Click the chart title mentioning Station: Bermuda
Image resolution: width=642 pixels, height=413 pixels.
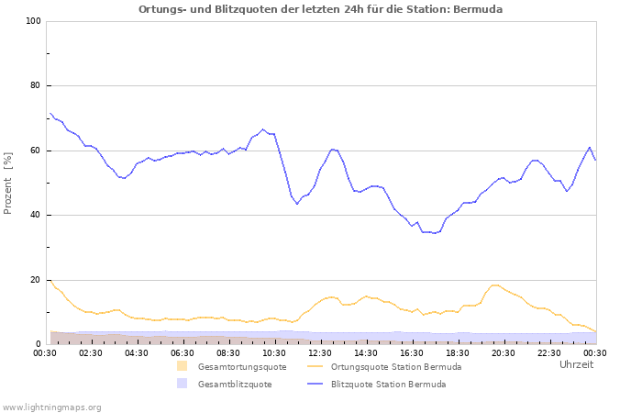(x=320, y=9)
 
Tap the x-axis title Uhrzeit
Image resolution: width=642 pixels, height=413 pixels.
(x=576, y=364)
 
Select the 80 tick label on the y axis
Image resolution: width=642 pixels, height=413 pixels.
(x=35, y=86)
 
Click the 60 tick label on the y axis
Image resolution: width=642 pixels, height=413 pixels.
(x=35, y=151)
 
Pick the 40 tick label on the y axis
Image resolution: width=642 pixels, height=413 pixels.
(x=35, y=216)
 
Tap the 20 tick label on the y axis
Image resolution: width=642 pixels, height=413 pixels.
(x=35, y=280)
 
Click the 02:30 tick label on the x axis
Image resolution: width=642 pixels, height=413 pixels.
(x=91, y=352)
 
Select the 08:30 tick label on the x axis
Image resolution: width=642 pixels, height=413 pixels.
(x=228, y=352)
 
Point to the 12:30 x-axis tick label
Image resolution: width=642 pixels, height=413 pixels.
(x=320, y=352)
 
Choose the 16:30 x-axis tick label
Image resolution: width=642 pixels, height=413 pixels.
(x=412, y=352)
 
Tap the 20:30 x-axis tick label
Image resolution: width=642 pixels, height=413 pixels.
(x=504, y=352)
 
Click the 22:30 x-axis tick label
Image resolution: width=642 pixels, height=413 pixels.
(x=549, y=352)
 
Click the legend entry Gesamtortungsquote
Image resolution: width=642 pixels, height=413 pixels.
(x=242, y=367)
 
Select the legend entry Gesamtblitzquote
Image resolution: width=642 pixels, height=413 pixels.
(x=234, y=385)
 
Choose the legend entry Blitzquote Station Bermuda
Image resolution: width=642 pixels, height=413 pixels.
(x=388, y=385)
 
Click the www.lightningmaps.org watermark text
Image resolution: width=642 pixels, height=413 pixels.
(x=51, y=407)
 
